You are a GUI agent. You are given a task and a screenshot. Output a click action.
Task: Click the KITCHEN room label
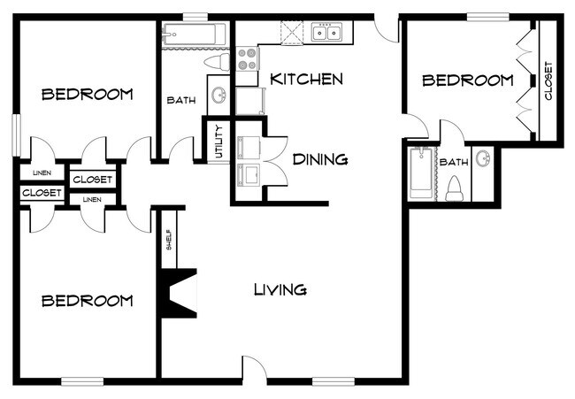click(306, 80)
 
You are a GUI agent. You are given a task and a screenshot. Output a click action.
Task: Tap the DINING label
click(319, 160)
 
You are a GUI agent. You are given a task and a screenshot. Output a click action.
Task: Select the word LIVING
click(280, 289)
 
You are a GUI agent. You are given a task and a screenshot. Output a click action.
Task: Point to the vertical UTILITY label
click(218, 142)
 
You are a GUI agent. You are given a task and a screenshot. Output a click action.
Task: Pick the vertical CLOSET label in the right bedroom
click(548, 80)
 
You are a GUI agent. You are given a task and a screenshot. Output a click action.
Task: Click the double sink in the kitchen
click(326, 35)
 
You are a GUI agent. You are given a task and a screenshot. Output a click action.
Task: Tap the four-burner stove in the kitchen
click(245, 58)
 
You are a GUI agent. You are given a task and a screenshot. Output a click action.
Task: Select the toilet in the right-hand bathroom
click(456, 188)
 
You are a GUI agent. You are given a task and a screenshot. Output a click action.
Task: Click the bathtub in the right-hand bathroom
click(420, 174)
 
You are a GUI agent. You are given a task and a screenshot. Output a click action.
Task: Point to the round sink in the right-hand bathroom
click(484, 159)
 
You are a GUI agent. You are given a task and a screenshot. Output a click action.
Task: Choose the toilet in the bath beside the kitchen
click(217, 63)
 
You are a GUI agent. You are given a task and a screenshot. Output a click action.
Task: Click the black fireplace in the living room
click(176, 293)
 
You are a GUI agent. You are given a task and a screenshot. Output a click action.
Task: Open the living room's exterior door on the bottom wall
click(254, 370)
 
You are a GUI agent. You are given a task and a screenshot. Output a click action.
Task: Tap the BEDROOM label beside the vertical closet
click(467, 81)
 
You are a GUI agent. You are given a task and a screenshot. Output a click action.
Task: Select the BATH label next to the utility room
click(181, 100)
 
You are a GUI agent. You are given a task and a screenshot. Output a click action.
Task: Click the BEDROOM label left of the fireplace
click(88, 301)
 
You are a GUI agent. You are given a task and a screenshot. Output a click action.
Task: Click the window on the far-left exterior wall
click(15, 135)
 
